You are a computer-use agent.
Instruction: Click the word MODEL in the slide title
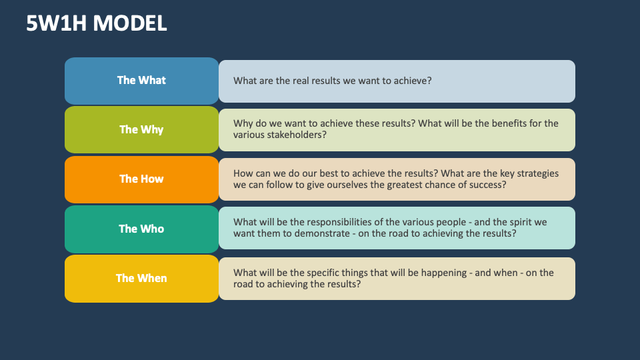(x=130, y=23)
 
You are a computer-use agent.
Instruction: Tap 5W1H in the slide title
(x=57, y=23)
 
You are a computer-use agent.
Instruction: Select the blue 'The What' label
(x=141, y=80)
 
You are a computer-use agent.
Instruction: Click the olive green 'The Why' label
(x=141, y=129)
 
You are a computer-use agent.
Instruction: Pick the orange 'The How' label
(x=141, y=179)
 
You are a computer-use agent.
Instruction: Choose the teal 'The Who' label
(x=141, y=229)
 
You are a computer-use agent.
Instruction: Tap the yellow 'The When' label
(x=141, y=278)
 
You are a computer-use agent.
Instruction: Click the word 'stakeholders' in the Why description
(x=297, y=135)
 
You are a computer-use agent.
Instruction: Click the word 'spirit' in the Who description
(x=511, y=223)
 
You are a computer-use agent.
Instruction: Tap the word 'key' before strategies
(x=505, y=173)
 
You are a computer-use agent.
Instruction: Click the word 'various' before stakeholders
(x=249, y=135)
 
